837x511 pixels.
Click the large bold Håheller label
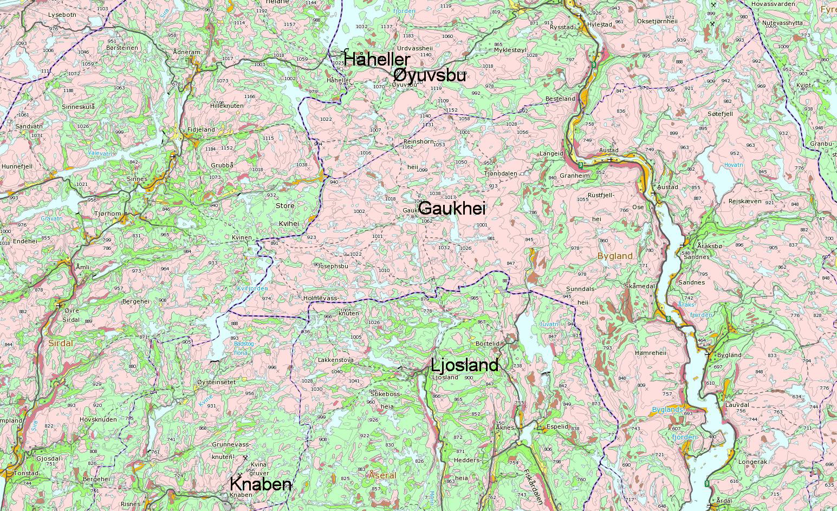(377, 59)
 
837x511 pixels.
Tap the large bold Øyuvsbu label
(430, 75)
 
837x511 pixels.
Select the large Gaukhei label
(452, 209)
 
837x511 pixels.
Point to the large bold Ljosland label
(464, 365)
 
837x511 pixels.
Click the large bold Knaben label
(261, 484)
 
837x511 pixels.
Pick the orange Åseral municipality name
(382, 475)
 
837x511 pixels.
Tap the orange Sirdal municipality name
(61, 343)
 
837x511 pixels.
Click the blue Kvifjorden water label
(252, 289)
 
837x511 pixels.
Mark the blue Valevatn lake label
(100, 153)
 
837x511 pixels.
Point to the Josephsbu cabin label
(332, 266)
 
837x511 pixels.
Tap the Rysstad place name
(561, 27)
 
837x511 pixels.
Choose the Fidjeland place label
(201, 130)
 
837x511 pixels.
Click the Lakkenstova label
(336, 359)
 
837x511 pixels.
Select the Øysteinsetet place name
(217, 382)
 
